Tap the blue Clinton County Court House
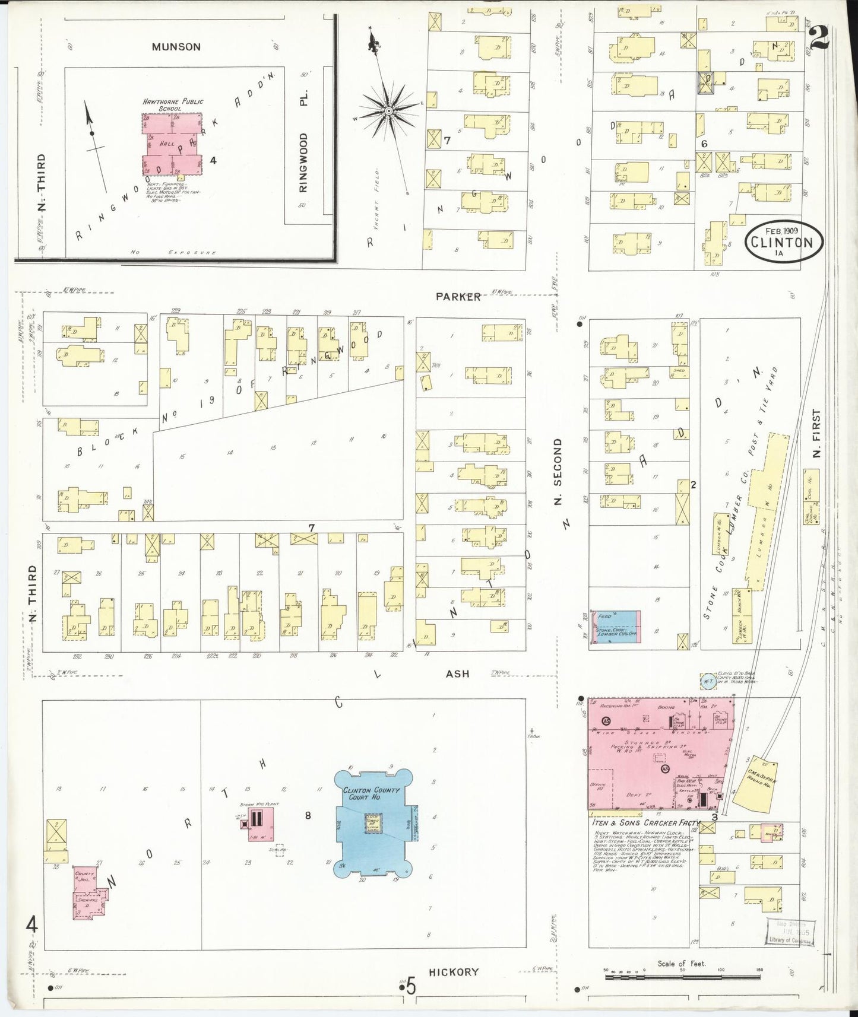[373, 825]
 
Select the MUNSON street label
[176, 47]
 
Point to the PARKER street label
[458, 297]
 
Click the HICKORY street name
[454, 972]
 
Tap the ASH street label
[457, 673]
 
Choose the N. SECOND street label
[558, 472]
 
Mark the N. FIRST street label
[817, 433]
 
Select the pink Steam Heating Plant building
[256, 822]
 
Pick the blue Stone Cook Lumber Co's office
[615, 627]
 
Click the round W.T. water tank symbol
[708, 681]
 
